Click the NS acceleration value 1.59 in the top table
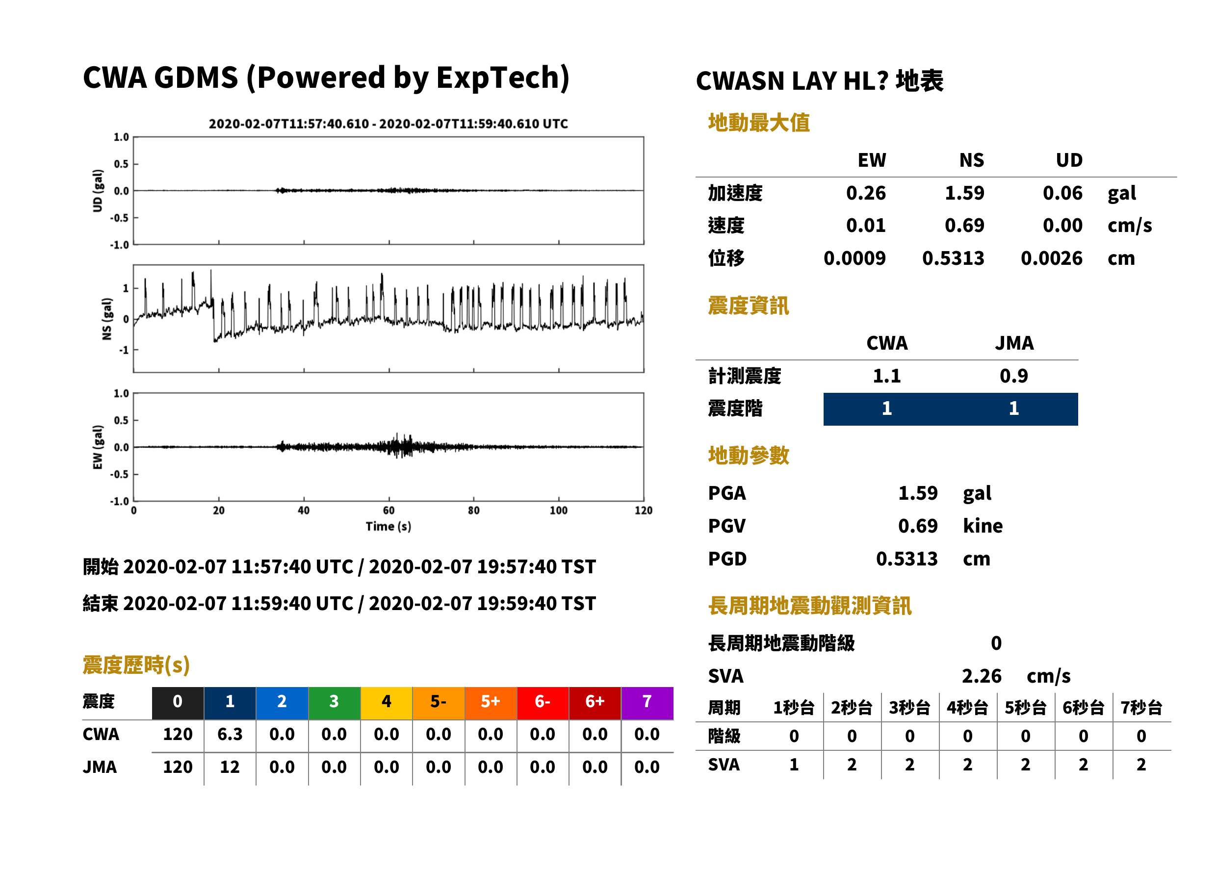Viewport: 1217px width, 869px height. [964, 193]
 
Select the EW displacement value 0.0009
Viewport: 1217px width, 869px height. [854, 258]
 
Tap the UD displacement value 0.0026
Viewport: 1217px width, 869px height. [1051, 258]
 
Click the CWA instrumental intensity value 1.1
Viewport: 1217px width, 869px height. [887, 376]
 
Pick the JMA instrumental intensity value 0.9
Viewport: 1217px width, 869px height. [1013, 376]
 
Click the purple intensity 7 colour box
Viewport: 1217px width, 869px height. [647, 703]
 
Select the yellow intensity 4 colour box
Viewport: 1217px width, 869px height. [387, 703]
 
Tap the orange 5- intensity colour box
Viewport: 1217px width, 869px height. [439, 703]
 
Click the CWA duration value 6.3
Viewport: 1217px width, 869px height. [230, 734]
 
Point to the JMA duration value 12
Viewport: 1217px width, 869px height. [230, 767]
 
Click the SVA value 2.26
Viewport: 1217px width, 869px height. [982, 676]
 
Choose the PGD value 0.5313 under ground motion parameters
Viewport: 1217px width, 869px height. [906, 559]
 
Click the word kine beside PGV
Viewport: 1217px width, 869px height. [983, 526]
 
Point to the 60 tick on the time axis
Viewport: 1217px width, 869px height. [388, 511]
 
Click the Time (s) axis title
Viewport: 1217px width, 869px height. [388, 527]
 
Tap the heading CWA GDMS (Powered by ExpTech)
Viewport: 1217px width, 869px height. [326, 77]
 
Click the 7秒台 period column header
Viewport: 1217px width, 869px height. [1141, 708]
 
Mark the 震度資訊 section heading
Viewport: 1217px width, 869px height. [748, 306]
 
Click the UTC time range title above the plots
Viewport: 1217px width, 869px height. [388, 124]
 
